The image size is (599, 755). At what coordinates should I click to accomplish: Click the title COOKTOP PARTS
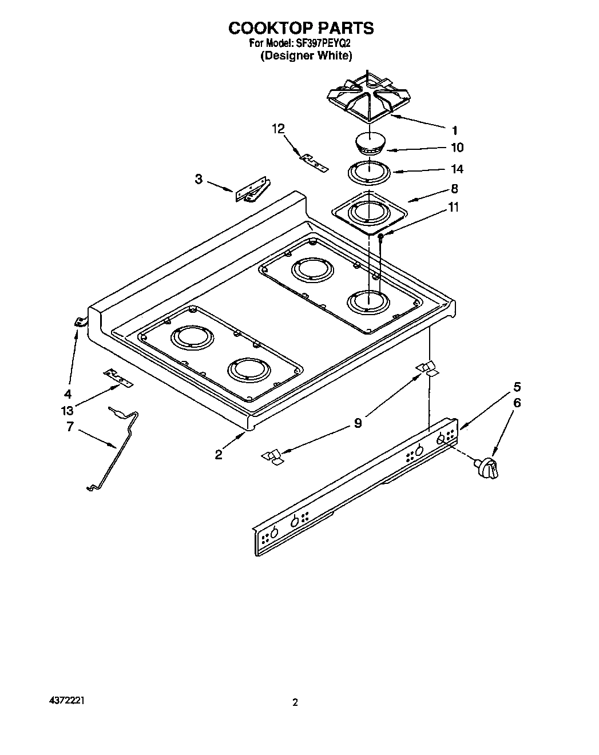click(301, 28)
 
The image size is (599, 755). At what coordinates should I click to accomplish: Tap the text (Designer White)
click(306, 55)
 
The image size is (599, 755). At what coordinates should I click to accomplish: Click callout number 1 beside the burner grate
click(455, 130)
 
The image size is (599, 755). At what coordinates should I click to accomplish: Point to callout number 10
click(457, 148)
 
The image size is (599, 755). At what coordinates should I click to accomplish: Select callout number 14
click(457, 169)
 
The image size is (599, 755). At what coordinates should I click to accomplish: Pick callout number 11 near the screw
click(453, 207)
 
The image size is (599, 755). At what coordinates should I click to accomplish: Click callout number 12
click(278, 129)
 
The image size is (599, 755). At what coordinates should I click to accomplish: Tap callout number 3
click(199, 179)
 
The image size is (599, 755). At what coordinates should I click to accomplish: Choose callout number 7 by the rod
click(70, 426)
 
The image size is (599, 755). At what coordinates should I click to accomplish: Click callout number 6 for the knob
click(517, 403)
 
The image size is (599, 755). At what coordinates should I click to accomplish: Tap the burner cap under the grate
click(369, 143)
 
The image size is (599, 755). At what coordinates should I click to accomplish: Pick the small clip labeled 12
click(315, 164)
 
